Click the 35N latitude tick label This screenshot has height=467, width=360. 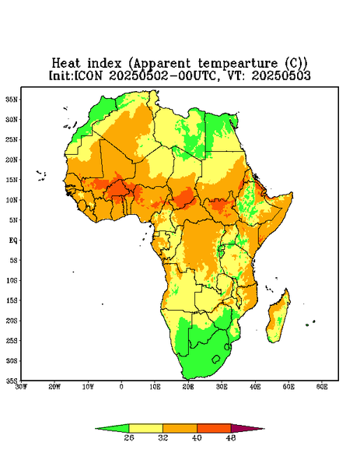click(12, 100)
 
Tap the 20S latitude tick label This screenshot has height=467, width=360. click(12, 321)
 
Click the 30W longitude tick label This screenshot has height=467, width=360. click(21, 387)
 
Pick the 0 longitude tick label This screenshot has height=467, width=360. click(121, 387)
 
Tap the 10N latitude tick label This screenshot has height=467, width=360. click(12, 200)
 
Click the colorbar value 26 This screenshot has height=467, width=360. click(129, 437)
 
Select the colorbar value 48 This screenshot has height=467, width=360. click(231, 437)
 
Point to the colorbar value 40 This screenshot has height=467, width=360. click(197, 437)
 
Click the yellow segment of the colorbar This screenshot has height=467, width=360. click(145, 428)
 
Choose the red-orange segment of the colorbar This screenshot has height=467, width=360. click(214, 428)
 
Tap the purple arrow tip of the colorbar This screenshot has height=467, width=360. click(264, 429)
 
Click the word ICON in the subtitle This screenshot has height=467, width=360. click(88, 75)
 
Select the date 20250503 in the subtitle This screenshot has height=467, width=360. click(281, 75)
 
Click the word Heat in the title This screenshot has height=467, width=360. click(66, 64)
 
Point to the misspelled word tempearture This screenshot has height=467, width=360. click(237, 64)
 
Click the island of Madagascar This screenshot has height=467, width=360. click(279, 316)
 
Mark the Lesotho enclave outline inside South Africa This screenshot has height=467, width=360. click(216, 359)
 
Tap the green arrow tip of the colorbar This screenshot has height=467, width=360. click(96, 429)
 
